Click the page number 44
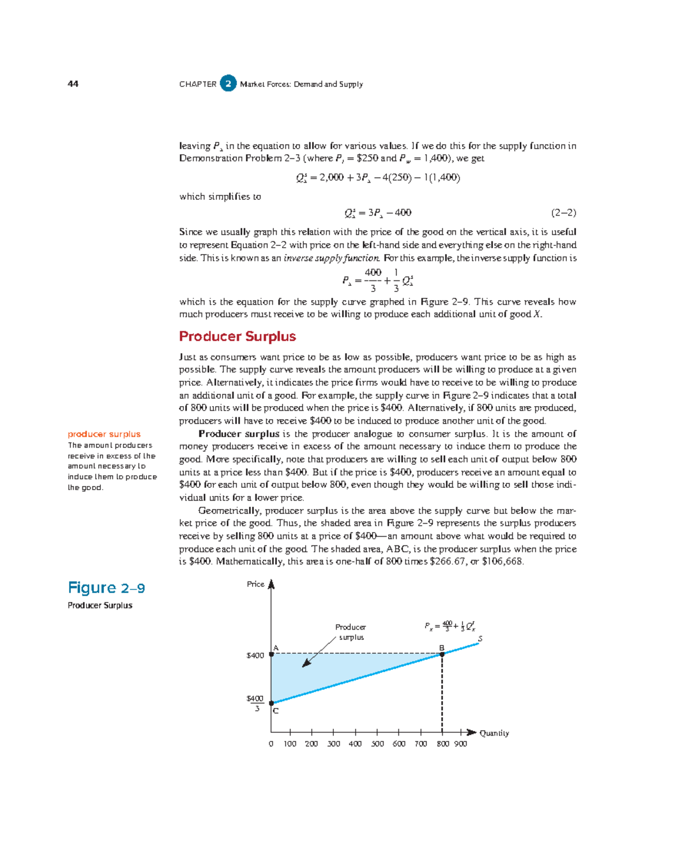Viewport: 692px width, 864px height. coord(73,84)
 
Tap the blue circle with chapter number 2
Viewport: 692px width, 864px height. coord(228,84)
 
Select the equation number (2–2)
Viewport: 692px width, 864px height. coord(563,213)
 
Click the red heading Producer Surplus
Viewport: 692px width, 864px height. coord(237,336)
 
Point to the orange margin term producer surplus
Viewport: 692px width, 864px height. coord(104,434)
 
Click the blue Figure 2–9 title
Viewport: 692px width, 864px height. coord(106,588)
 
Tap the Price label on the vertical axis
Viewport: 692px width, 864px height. coord(255,584)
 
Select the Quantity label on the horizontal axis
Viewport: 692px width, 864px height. coord(494,733)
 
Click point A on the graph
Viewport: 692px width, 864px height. coord(272,654)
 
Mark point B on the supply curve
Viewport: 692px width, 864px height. coord(442,654)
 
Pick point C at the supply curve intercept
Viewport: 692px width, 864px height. coord(272,703)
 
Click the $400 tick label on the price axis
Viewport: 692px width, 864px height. coord(255,655)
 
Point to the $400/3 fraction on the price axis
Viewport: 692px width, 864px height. coord(255,703)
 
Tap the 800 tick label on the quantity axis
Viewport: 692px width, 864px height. coord(443,744)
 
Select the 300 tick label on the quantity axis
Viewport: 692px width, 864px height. coord(333,744)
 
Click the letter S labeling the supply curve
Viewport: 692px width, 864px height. coord(480,639)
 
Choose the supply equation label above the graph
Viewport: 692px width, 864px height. coord(450,626)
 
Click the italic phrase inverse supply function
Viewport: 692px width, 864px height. coord(332,258)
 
